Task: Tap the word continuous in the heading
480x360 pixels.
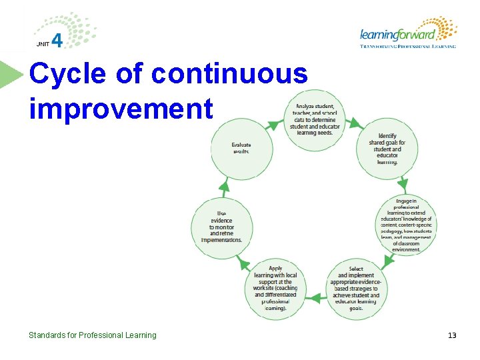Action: click(x=229, y=75)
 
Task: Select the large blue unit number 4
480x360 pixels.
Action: click(x=58, y=41)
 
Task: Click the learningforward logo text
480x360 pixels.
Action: click(x=397, y=34)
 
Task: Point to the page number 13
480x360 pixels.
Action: click(x=452, y=335)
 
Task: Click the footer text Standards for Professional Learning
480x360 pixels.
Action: click(x=92, y=335)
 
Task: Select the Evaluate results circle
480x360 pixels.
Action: click(x=241, y=148)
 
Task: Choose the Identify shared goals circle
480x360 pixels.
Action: click(x=387, y=149)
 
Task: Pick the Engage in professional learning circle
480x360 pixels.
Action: click(x=406, y=223)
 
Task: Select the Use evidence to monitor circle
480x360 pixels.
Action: click(x=222, y=223)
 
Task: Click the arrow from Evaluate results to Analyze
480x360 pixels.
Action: click(x=273, y=125)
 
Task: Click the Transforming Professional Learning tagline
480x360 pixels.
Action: click(x=408, y=47)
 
